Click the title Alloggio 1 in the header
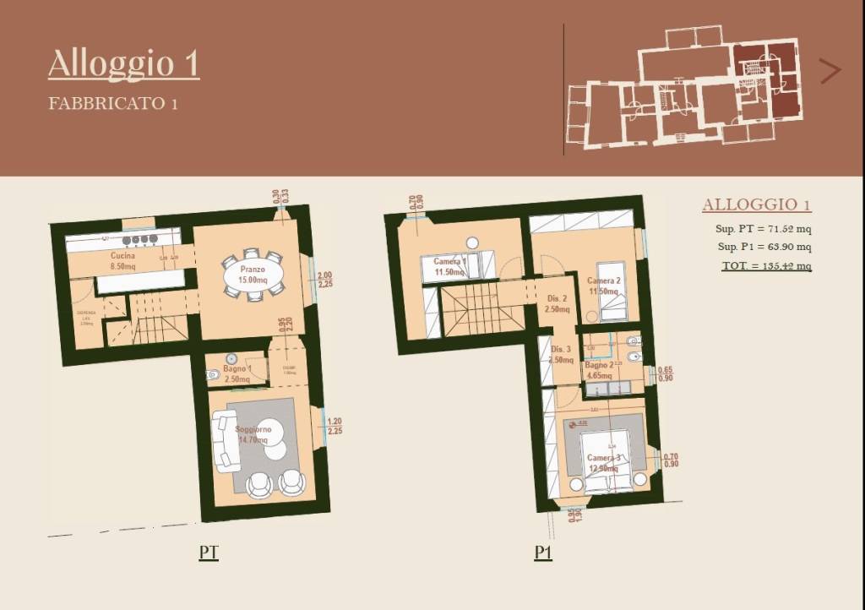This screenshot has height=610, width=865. click(123, 64)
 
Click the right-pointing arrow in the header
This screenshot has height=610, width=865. click(830, 71)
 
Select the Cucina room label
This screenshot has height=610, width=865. click(123, 255)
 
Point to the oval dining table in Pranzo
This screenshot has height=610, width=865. click(252, 275)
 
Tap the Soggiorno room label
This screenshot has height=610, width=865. click(252, 430)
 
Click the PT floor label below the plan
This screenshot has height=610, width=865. click(209, 553)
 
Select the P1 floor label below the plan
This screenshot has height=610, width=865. click(543, 553)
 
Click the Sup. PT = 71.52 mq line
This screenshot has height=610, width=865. click(764, 229)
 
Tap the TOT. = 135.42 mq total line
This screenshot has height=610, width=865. click(765, 266)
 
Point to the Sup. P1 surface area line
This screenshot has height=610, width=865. click(764, 248)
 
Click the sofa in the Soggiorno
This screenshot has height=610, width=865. click(226, 440)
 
